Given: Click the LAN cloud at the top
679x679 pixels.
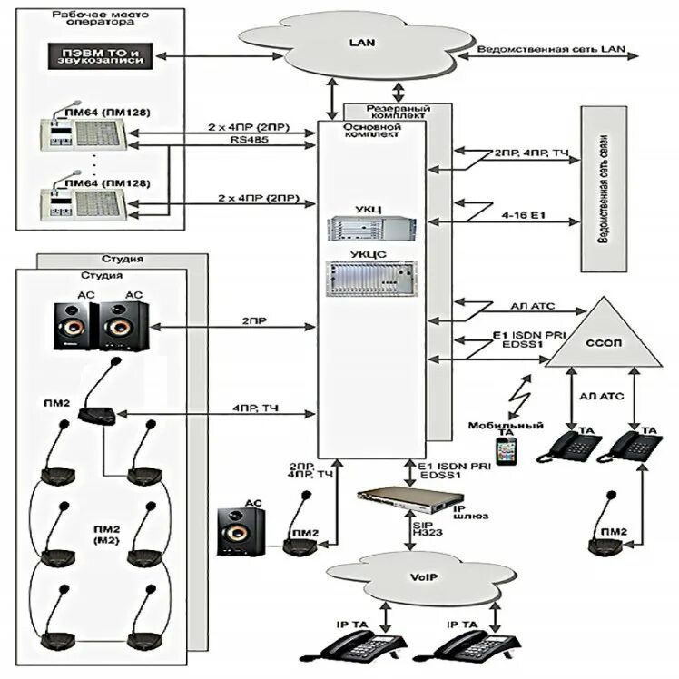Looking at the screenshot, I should [x=356, y=44].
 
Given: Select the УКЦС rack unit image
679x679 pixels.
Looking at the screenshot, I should [x=370, y=279].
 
